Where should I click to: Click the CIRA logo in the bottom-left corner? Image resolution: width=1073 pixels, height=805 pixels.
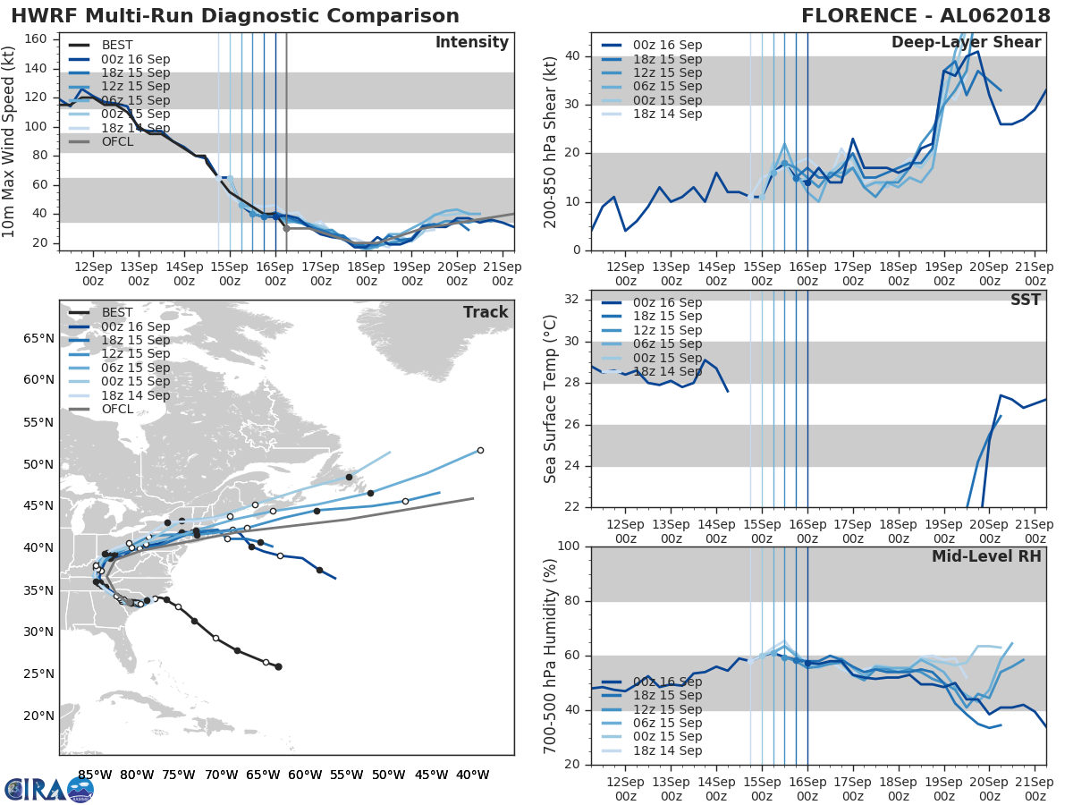48,789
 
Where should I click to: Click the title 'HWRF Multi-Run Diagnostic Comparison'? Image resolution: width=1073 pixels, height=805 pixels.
235,16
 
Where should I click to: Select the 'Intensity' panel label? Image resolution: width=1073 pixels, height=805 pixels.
471,43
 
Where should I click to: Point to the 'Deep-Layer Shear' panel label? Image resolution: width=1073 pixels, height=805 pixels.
966,43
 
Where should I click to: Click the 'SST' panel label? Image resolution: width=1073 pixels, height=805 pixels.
1026,300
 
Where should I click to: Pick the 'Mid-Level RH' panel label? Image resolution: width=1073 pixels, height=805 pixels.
986,556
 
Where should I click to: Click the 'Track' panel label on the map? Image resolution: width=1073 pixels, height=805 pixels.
486,312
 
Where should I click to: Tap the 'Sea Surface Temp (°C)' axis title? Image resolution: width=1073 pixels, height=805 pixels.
551,398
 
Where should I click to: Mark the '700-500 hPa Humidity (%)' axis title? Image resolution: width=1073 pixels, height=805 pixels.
551,655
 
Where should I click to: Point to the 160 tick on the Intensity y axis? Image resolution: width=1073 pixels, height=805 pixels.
41,39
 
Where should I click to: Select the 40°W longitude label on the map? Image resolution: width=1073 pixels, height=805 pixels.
473,775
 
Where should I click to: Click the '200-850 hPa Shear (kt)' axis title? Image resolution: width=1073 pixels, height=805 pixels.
551,141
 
